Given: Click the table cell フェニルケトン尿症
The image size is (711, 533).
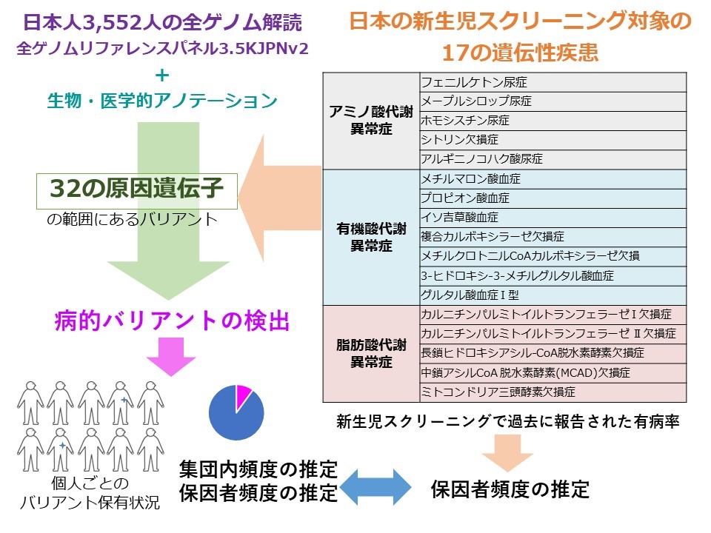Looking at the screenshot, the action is (x=553, y=82).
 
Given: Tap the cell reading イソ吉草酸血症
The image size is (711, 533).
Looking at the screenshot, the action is (x=553, y=218).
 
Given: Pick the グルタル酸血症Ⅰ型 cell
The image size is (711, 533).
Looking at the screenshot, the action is (x=553, y=295).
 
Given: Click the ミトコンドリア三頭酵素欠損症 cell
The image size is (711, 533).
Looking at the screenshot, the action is (x=553, y=392).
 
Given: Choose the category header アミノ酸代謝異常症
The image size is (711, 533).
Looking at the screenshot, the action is (x=371, y=121).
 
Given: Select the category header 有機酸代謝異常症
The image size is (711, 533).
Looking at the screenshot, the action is (x=371, y=237).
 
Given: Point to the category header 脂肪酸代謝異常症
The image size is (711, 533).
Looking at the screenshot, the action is (x=371, y=354).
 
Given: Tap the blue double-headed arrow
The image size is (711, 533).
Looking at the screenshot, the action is (x=375, y=487).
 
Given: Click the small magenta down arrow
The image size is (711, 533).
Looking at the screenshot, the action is (x=171, y=357).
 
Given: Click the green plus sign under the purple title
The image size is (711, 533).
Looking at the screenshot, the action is (x=162, y=76).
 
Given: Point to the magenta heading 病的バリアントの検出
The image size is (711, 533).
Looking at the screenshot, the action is (x=172, y=321).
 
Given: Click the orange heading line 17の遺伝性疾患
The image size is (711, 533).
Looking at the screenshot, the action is (x=520, y=53).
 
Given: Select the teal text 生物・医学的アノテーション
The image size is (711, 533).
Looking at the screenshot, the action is (x=162, y=101).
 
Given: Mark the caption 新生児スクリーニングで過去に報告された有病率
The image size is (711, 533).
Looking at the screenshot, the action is (x=508, y=422).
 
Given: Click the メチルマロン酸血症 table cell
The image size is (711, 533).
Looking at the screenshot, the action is (x=553, y=179).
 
